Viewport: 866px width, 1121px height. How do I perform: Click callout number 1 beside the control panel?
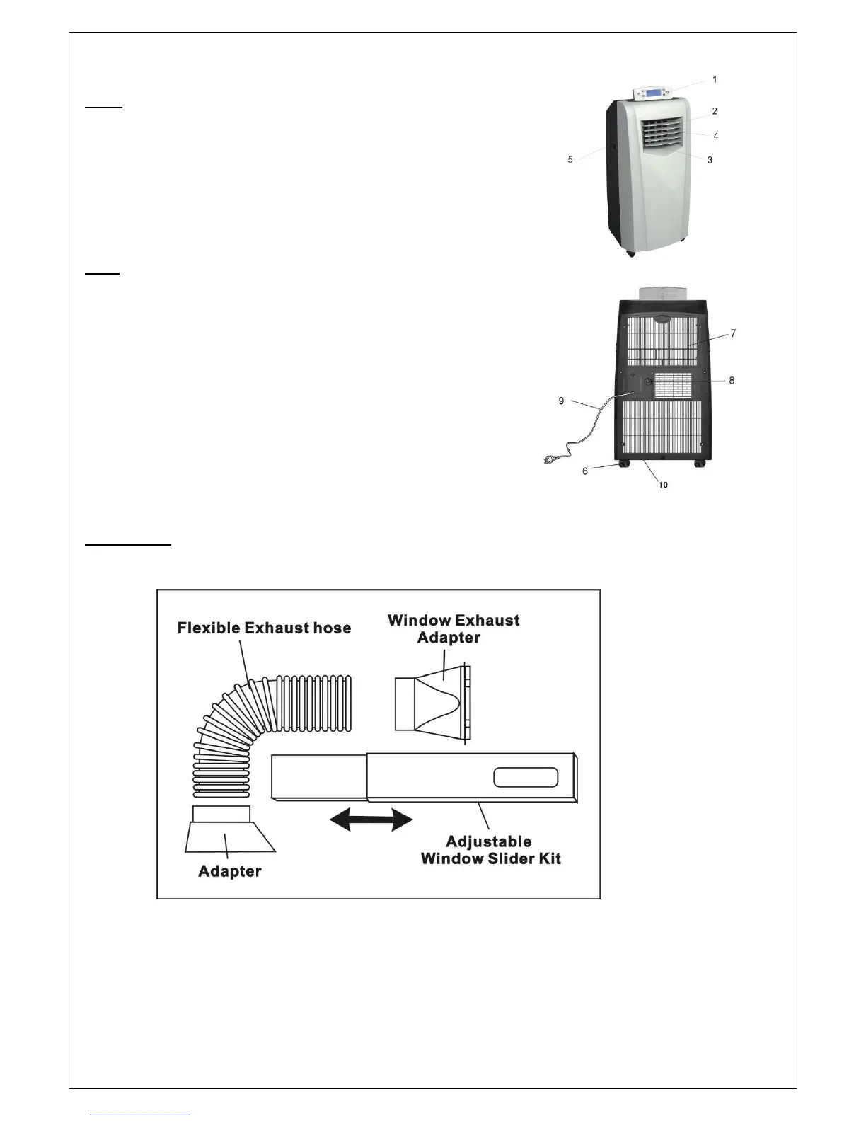pyautogui.click(x=715, y=80)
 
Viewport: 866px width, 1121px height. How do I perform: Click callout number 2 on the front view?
pyautogui.click(x=715, y=111)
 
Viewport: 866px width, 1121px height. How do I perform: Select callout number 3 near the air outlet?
pyautogui.click(x=710, y=160)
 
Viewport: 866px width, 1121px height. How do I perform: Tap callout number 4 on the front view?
pyautogui.click(x=716, y=136)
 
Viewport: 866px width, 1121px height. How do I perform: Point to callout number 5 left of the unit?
pyautogui.click(x=570, y=160)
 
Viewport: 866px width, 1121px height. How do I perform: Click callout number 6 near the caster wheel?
pyautogui.click(x=585, y=471)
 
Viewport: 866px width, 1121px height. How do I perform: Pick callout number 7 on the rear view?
pyautogui.click(x=734, y=333)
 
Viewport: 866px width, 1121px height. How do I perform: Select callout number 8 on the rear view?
pyautogui.click(x=732, y=381)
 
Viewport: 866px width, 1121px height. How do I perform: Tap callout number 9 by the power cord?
pyautogui.click(x=562, y=401)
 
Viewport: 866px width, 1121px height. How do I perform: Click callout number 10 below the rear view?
pyautogui.click(x=664, y=485)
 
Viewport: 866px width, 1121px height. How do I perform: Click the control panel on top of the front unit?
pyautogui.click(x=652, y=93)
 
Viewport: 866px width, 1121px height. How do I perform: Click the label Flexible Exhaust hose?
pyautogui.click(x=264, y=628)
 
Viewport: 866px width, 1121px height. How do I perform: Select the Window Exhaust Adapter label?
pyautogui.click(x=454, y=629)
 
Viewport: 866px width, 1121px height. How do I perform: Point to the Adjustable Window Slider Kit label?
pyautogui.click(x=490, y=850)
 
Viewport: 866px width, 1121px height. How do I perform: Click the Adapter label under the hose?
pyautogui.click(x=229, y=871)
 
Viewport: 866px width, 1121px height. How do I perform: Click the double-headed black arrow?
pyautogui.click(x=371, y=821)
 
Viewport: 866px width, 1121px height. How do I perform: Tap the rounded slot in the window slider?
pyautogui.click(x=526, y=777)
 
